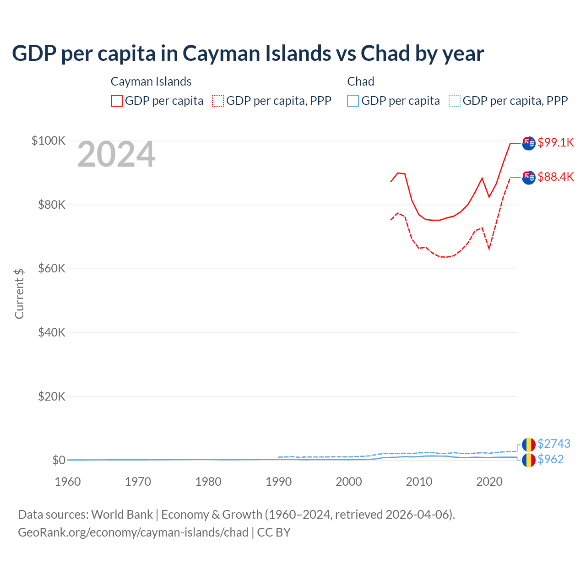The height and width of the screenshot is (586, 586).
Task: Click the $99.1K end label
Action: pos(555,142)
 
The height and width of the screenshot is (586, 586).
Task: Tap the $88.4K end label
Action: pos(555,177)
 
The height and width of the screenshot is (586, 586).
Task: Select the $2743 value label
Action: pos(553,444)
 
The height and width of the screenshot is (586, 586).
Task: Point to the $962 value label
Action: pos(550,459)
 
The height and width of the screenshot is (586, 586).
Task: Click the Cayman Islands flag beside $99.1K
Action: pos(529,143)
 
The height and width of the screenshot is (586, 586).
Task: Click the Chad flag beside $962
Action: pos(529,460)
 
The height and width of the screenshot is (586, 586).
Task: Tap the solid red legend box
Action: pos(117,101)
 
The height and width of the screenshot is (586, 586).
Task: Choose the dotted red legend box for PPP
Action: pos(218,101)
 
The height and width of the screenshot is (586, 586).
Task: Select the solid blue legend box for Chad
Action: pos(353,101)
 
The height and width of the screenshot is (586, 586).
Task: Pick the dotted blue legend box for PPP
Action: pos(455,101)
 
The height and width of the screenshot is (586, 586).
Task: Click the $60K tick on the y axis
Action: pos(52,269)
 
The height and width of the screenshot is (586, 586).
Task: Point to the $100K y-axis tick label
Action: pos(49,141)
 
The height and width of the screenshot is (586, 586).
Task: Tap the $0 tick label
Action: pos(59,460)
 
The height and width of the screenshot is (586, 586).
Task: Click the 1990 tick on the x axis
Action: pos(278,482)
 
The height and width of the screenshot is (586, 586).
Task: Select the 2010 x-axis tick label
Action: pos(419,482)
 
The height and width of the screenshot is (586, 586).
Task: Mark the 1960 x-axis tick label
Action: pos(68,482)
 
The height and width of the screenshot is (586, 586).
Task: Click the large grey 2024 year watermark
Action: pos(116,155)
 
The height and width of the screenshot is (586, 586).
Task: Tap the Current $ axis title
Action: pos(19,293)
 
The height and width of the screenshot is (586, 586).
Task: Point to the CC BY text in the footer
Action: pos(274,532)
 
